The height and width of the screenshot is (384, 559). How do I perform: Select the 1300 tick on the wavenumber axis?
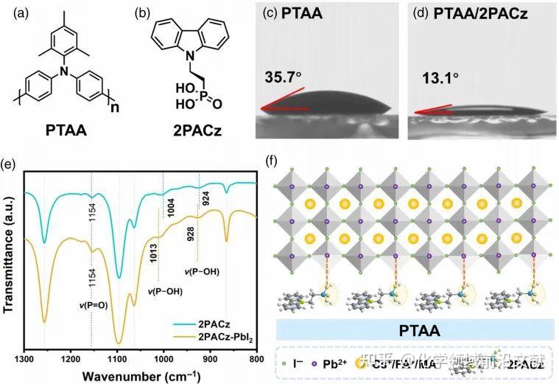click(24, 360)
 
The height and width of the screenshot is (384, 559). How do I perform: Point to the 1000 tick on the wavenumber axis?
click(163, 360)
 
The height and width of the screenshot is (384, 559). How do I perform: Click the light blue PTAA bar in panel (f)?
click(416, 328)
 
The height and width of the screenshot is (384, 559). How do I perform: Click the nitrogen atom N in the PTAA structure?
click(65, 71)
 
